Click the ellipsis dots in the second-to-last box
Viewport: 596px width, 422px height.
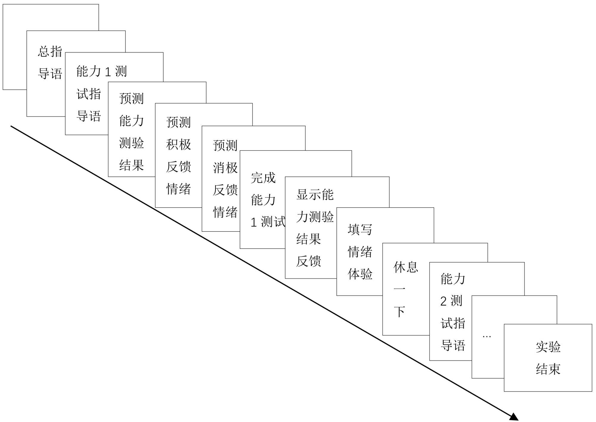pos(487,337)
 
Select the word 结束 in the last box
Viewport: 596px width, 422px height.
pos(548,369)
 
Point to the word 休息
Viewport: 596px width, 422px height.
pos(406,267)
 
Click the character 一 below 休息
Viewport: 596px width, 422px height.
pos(399,289)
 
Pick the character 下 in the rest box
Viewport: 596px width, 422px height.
pos(399,312)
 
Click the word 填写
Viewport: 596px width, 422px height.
pos(360,230)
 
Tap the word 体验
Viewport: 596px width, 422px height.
pos(360,274)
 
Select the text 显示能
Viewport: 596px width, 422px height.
pos(315,195)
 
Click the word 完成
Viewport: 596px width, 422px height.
pos(263,178)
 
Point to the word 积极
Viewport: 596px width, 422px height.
pos(179,144)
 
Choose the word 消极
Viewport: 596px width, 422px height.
pos(225,168)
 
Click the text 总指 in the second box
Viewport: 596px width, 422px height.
pos(50,52)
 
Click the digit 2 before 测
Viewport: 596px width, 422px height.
pos(443,301)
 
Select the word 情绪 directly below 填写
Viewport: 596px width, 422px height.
pos(360,252)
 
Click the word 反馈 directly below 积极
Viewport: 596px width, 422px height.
pos(179,167)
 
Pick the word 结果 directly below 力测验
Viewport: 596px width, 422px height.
pos(308,239)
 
